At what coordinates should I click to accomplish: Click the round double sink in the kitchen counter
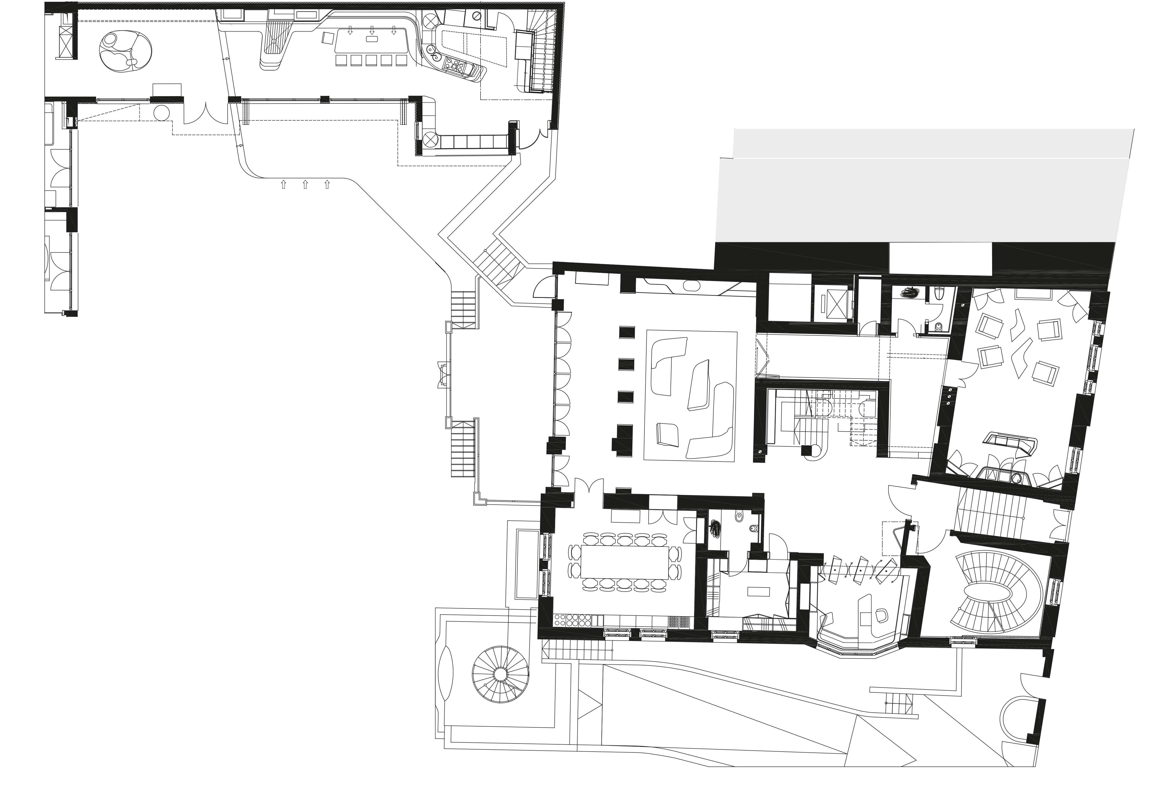click(x=432, y=50)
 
